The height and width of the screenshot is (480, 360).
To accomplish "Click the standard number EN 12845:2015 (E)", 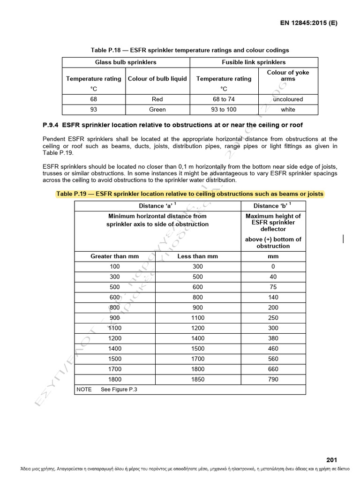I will click(309, 22).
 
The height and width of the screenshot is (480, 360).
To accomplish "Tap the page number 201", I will click(331, 460).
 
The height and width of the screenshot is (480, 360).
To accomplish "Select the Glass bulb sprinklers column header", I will click(126, 62).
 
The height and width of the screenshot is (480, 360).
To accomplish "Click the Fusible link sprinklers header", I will click(254, 62).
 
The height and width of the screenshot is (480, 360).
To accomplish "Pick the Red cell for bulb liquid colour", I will click(157, 99).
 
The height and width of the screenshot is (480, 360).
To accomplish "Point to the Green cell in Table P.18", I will click(157, 110).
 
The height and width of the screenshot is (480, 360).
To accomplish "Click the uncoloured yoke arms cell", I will click(288, 99).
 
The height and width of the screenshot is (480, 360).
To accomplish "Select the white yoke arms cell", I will click(288, 110).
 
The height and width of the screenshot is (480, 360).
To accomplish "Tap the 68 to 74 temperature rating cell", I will click(224, 99).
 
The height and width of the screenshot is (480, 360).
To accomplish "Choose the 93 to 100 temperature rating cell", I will click(224, 110).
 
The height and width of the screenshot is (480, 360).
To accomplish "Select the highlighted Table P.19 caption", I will click(189, 194).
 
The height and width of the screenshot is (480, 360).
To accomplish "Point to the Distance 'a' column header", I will click(157, 206).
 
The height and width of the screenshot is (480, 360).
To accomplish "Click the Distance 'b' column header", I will click(273, 206).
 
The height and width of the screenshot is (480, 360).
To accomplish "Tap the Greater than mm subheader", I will click(115, 256).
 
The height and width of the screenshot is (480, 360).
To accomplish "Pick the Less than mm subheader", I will click(197, 256).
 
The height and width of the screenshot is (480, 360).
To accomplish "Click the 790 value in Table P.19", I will click(273, 380).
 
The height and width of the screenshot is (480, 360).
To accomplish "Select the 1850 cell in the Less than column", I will click(197, 380).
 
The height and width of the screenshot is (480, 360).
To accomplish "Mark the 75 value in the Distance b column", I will click(273, 287).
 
